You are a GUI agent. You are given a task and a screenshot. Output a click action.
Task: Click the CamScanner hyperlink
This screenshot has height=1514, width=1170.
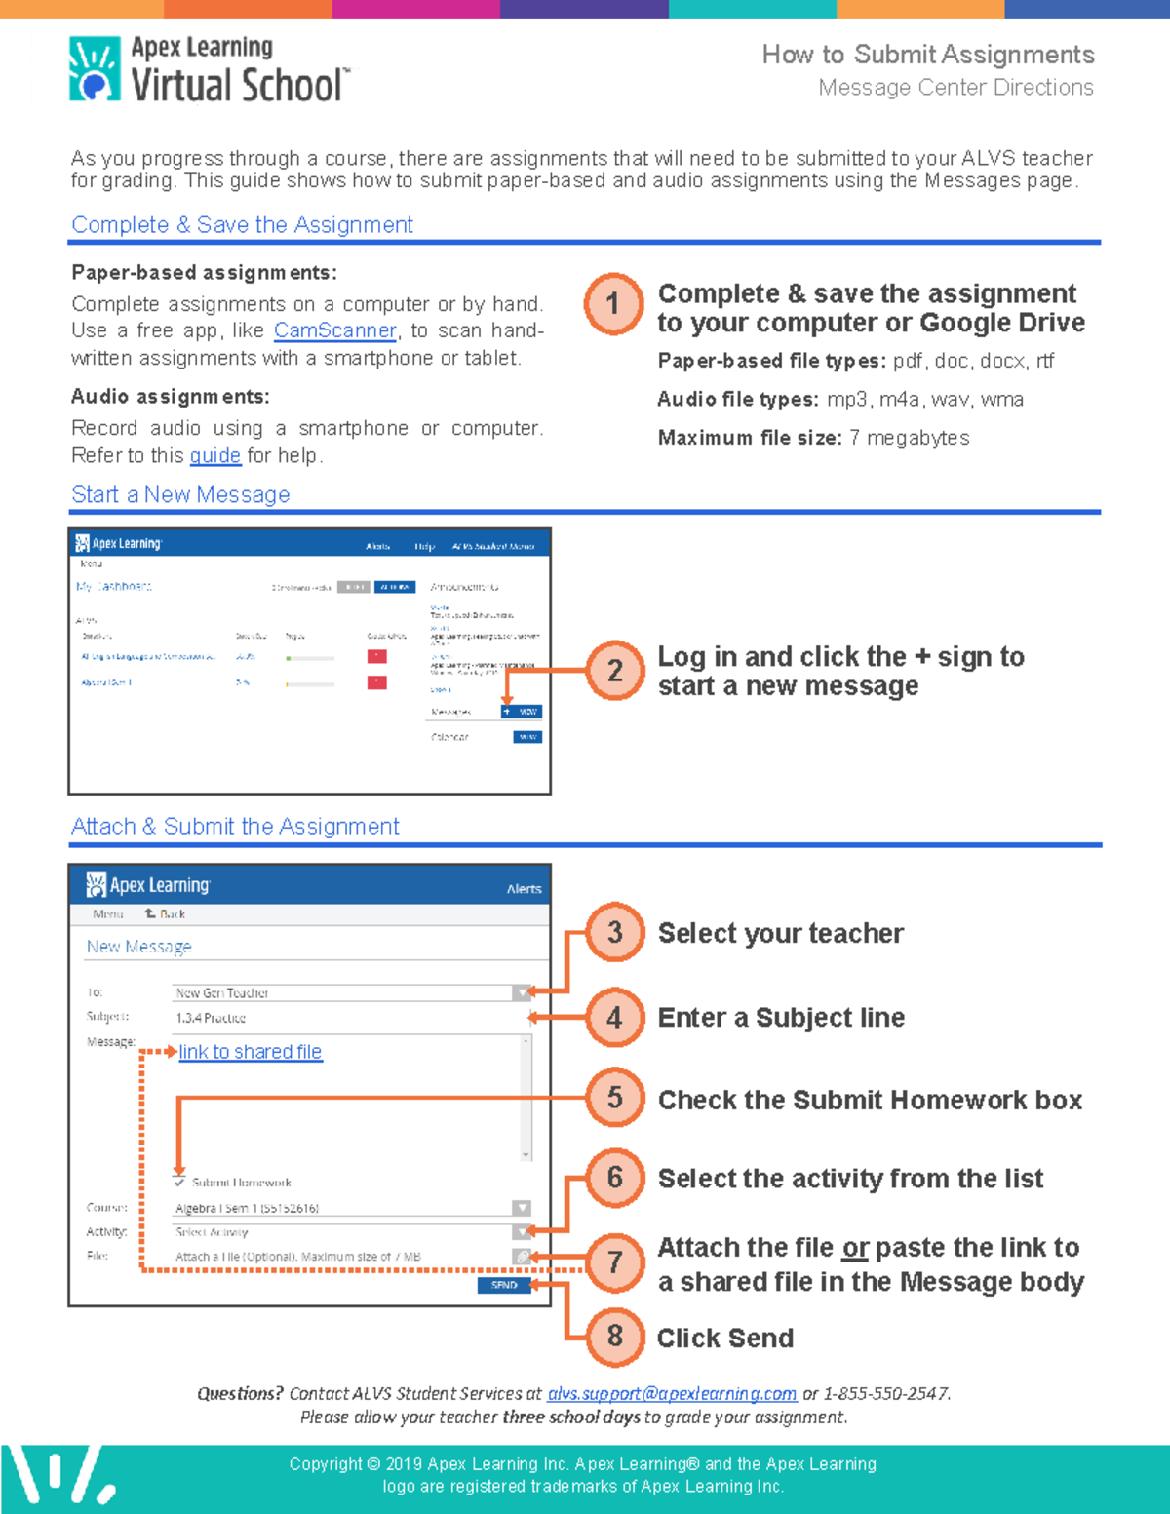click(x=334, y=330)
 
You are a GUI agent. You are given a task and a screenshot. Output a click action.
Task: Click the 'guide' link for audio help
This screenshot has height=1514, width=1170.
click(x=214, y=455)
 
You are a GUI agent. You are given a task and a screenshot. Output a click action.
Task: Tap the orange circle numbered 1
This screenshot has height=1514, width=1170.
click(x=613, y=304)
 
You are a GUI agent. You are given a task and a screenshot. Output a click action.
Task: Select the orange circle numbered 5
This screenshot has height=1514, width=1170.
click(x=614, y=1098)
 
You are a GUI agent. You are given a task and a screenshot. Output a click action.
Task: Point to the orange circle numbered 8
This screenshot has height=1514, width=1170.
click(x=614, y=1336)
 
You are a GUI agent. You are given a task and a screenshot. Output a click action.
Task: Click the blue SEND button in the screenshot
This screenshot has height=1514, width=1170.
click(x=504, y=1285)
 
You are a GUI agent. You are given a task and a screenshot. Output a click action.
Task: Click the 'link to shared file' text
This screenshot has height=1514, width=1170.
click(x=251, y=1052)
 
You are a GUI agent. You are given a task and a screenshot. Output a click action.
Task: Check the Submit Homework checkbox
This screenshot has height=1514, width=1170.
click(x=179, y=1182)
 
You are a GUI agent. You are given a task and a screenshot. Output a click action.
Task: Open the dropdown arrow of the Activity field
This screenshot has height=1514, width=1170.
click(x=522, y=1232)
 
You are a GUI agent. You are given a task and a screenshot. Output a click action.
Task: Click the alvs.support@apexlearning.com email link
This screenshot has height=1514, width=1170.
click(x=672, y=1394)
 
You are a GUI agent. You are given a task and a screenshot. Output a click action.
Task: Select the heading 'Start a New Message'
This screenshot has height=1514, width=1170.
click(x=180, y=494)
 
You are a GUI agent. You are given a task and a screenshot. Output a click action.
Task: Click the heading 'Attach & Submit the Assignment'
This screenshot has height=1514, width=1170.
click(x=235, y=826)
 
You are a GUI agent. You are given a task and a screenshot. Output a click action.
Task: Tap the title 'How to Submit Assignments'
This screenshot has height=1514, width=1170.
click(x=927, y=55)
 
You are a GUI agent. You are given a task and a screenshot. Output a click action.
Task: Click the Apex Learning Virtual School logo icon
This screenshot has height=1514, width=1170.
click(x=95, y=69)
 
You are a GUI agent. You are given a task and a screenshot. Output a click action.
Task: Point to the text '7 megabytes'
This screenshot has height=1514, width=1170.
click(x=909, y=438)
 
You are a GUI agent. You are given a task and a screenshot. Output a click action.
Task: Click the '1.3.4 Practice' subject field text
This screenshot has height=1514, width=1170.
click(x=211, y=1018)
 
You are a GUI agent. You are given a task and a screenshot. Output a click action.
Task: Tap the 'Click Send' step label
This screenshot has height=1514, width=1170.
click(x=724, y=1338)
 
